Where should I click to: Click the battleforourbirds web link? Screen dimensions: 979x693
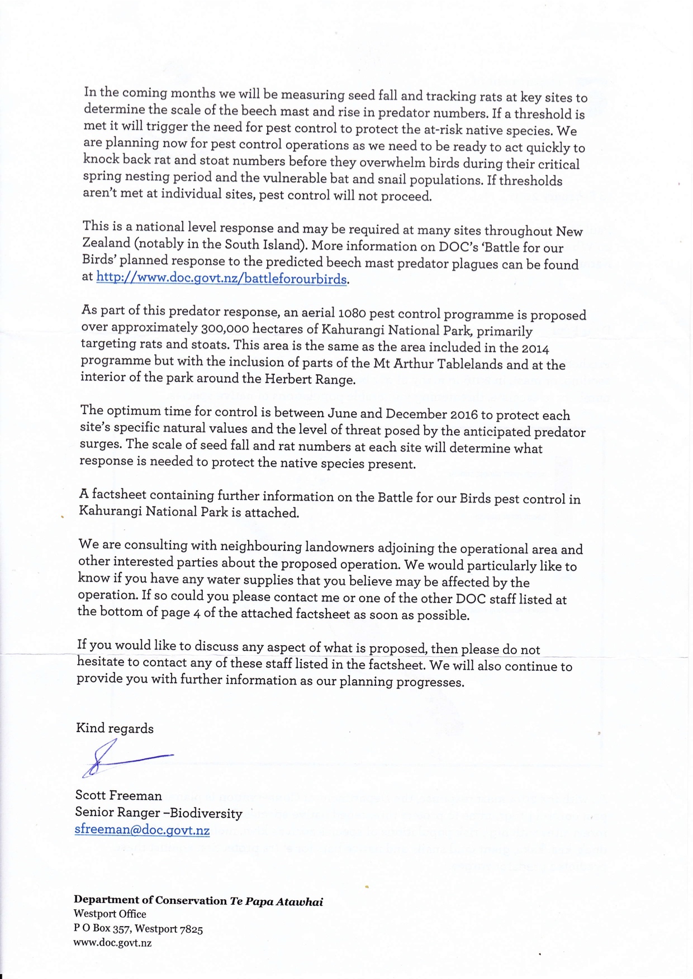point(222,278)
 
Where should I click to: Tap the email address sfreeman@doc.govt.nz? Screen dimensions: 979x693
point(142,829)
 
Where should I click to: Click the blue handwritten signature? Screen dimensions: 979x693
point(127,758)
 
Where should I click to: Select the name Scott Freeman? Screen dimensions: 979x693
point(118,795)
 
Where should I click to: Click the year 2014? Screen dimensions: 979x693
point(535,348)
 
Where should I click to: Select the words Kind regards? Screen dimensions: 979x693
point(115,728)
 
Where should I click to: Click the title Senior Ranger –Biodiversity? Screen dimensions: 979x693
point(159,813)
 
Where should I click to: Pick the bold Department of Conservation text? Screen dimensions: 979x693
point(150,900)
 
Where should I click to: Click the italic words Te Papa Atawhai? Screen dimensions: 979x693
point(276,901)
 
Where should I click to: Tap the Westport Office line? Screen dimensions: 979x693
point(110,914)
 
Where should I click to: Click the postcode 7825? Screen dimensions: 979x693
point(191,929)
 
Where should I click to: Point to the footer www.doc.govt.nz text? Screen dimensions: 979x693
point(112,943)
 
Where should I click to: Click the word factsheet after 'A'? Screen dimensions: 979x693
point(120,495)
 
